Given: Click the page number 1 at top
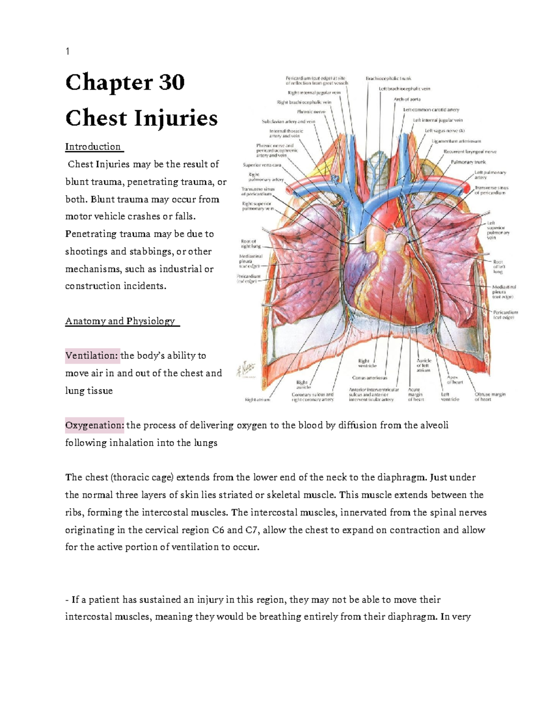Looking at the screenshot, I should coord(68,52).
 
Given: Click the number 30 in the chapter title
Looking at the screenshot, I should coord(172,83).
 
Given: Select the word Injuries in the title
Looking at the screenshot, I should coord(176,118).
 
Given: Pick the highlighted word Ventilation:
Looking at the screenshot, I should coord(92,355).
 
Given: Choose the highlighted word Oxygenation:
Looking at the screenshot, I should coord(94,425).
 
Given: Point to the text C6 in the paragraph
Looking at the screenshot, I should coord(218,530).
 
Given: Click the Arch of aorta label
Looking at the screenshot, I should coord(407,99).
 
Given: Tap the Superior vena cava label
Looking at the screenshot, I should coord(262,165).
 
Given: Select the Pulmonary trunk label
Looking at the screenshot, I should coord(468,162).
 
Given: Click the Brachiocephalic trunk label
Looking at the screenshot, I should coord(388,78).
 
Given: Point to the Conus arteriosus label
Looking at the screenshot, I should coord(370,378).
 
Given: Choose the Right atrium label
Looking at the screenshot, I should coord(257,400).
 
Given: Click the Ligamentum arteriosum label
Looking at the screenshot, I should coord(456,141).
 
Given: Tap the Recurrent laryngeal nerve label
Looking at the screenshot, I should coord(470,151).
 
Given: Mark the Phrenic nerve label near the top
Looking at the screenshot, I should coord(311,112).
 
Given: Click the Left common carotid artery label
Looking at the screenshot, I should coord(431,110).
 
